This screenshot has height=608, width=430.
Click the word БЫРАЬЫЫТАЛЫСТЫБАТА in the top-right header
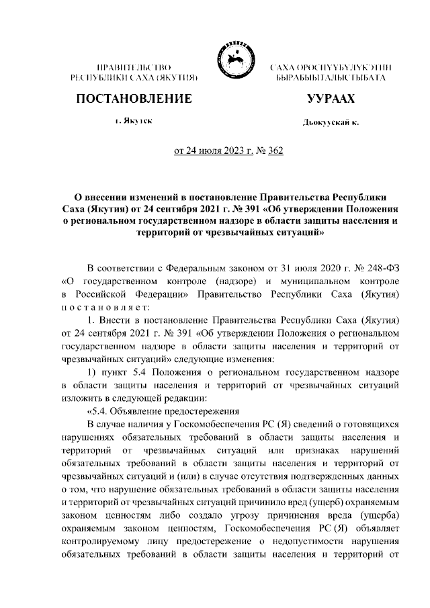(x=332, y=79)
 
